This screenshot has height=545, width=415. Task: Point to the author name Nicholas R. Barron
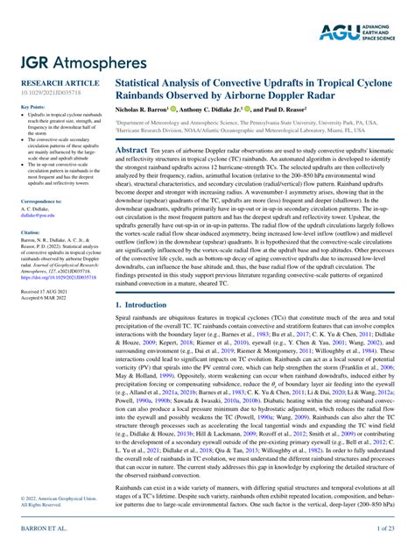(147, 110)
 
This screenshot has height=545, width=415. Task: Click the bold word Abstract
(134, 151)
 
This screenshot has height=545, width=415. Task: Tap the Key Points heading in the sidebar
(32, 107)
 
